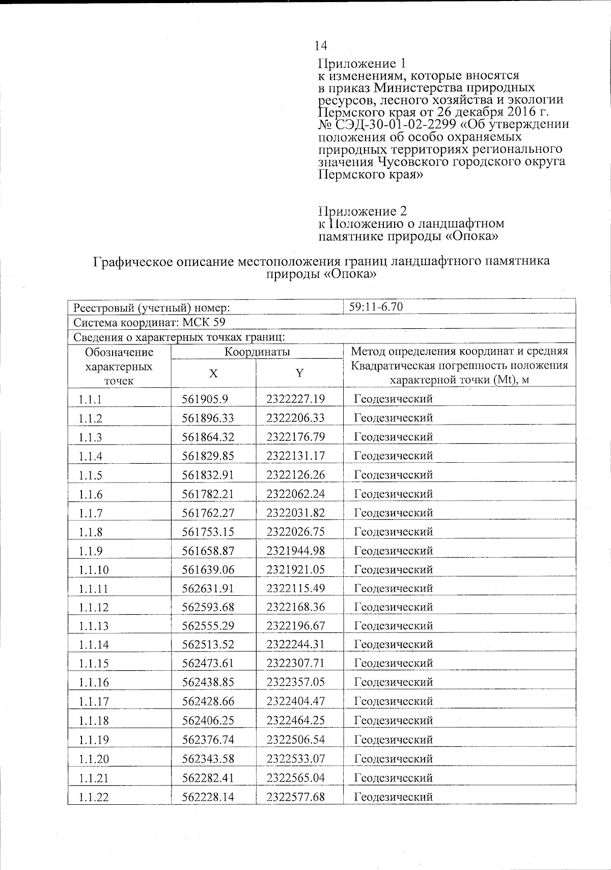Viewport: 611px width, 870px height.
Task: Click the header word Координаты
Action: tap(257, 352)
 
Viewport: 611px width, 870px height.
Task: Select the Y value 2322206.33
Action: tap(296, 418)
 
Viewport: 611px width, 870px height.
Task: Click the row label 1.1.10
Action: tap(94, 570)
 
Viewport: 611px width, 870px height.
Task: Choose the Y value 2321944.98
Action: tap(296, 550)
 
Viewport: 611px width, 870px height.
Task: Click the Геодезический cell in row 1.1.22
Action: tap(393, 796)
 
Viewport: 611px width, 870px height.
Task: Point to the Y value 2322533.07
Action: tap(296, 758)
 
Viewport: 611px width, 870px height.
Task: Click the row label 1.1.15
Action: tap(94, 664)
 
